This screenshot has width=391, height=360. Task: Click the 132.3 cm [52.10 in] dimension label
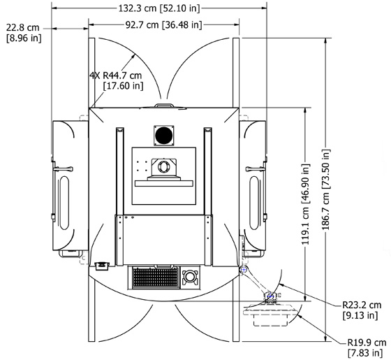[x=159, y=8]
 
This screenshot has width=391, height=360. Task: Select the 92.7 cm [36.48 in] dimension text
[x=163, y=24]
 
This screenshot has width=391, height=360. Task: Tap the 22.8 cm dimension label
[x=23, y=27]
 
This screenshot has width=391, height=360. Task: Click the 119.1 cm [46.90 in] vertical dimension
[x=306, y=204]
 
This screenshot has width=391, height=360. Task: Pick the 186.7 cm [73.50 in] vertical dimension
[x=326, y=189]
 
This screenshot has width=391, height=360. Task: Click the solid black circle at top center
[x=164, y=136]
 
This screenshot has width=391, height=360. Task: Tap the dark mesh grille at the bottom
[x=156, y=278]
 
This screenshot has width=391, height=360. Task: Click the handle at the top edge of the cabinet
[x=164, y=106]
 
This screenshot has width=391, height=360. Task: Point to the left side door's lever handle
[x=63, y=169]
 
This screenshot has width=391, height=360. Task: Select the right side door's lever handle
[x=256, y=169]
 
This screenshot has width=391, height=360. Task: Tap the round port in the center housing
[x=164, y=166]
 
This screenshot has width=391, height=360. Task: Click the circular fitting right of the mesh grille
[x=191, y=276]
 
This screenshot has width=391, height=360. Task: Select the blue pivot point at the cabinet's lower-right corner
[x=244, y=270]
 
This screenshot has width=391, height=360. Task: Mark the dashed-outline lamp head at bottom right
[x=271, y=315]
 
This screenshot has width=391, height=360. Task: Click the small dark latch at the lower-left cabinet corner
[x=102, y=265]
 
